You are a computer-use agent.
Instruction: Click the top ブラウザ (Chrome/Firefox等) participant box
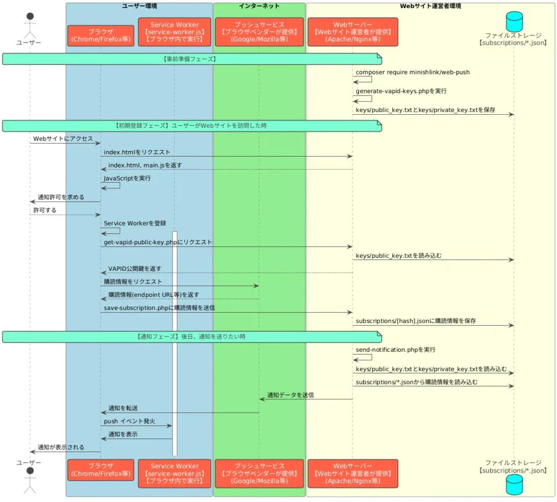tap(101, 35)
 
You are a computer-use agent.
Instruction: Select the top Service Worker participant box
tap(175, 32)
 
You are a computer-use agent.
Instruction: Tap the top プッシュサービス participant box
tap(259, 32)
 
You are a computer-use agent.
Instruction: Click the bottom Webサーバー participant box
tap(352, 473)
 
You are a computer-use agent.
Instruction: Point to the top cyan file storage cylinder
tap(514, 21)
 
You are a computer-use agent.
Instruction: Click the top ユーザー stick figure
tap(30, 26)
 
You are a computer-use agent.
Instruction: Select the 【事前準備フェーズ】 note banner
tap(192, 59)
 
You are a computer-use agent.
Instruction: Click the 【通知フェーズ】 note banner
tap(192, 337)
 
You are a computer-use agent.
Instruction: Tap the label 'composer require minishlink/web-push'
tap(412, 72)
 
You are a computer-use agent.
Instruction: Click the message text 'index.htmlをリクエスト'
tap(137, 152)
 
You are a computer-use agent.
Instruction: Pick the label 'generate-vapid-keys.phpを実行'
tap(401, 91)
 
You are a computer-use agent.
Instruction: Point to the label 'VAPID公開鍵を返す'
tap(135, 269)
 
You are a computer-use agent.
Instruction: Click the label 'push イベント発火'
tap(129, 421)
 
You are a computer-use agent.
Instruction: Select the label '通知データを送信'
tap(290, 395)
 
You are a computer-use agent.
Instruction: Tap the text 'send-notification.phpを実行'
tap(395, 350)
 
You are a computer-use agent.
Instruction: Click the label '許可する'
tap(45, 210)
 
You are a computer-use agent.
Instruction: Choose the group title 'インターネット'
tap(259, 6)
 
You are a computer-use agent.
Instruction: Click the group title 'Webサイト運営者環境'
tap(430, 6)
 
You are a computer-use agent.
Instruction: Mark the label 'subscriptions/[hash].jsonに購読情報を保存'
tap(416, 321)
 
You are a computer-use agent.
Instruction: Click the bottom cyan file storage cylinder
tap(514, 485)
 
